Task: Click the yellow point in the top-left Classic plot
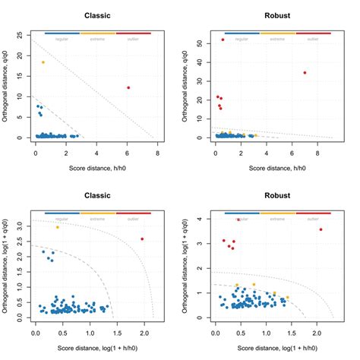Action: [x=43, y=62]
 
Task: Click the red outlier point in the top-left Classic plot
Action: [x=128, y=87]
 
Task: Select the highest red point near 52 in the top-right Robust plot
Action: [x=223, y=39]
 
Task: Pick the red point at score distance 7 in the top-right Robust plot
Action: [x=305, y=73]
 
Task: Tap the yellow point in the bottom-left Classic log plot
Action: [x=57, y=227]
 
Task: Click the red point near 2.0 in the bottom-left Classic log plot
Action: [x=142, y=239]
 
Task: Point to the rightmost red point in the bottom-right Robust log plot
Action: [x=321, y=229]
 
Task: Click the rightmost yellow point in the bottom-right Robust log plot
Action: [x=287, y=297]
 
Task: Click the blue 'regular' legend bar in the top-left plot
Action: [x=62, y=33]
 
